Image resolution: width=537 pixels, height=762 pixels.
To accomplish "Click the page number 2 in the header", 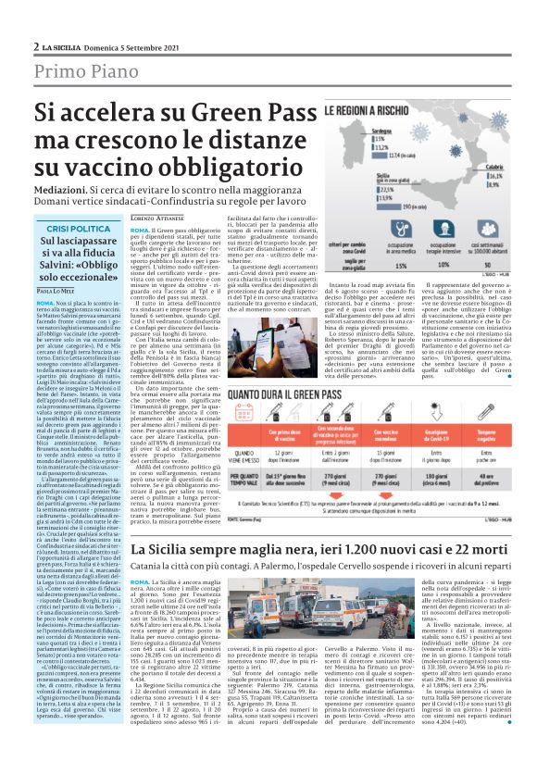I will pos(34,45).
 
